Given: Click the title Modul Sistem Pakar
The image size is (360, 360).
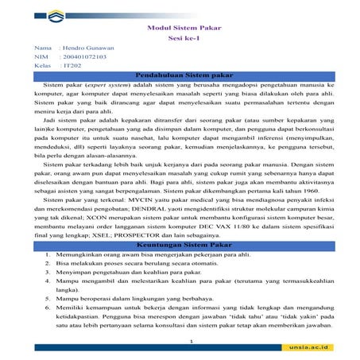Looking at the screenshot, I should pos(180,27).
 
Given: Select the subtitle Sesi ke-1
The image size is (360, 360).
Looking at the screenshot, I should pos(180,37).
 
